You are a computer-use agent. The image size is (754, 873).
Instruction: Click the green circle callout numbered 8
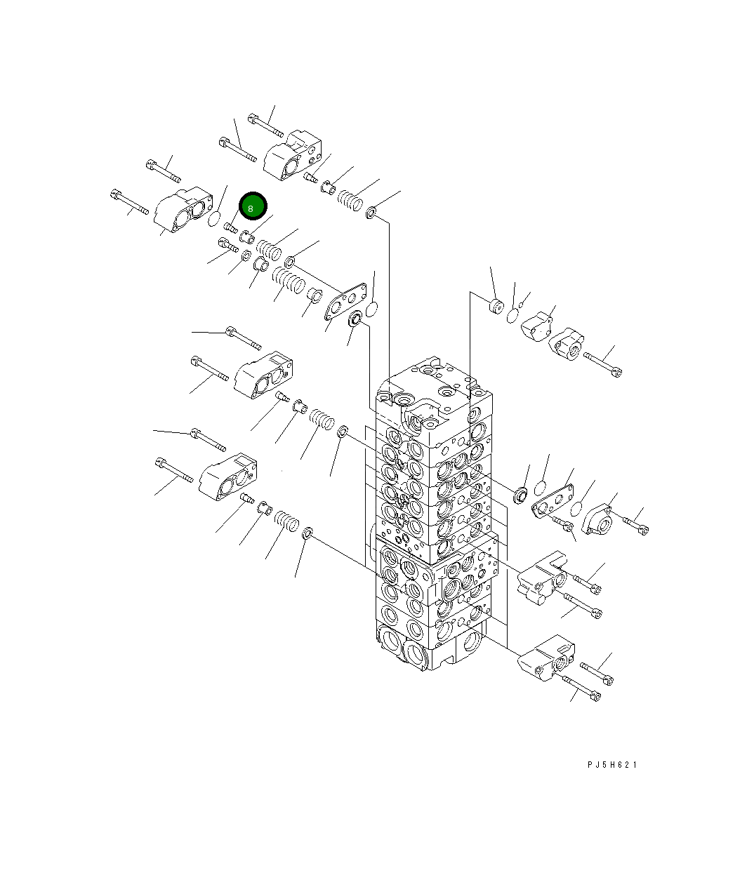coord(253,206)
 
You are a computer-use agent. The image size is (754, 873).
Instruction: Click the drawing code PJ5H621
coord(612,765)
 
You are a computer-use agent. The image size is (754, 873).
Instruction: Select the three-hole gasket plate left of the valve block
coord(345,301)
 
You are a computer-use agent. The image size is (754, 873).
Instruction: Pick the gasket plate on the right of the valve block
coord(553,501)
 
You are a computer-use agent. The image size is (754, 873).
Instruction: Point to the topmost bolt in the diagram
coord(265,126)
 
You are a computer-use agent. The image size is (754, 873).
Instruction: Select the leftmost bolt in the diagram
coord(129,202)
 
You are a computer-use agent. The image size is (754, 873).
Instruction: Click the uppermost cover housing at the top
coord(293,155)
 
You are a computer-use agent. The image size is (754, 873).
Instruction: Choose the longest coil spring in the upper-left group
coord(289,281)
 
